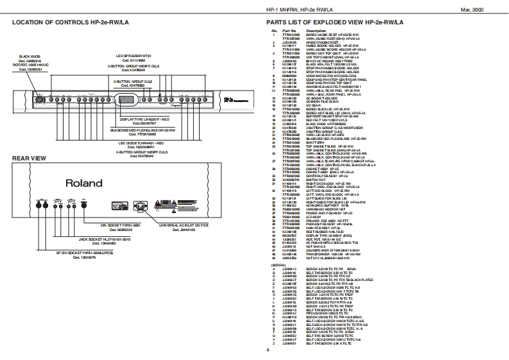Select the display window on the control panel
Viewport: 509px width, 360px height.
tap(125, 99)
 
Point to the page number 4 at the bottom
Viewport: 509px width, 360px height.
tap(267, 350)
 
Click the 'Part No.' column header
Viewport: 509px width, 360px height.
tap(288, 31)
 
